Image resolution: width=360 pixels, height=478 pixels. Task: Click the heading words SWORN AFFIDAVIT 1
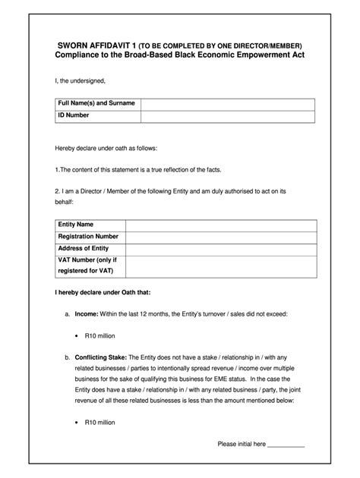pyautogui.click(x=90, y=46)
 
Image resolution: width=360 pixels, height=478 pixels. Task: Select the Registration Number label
pyautogui.click(x=88, y=237)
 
